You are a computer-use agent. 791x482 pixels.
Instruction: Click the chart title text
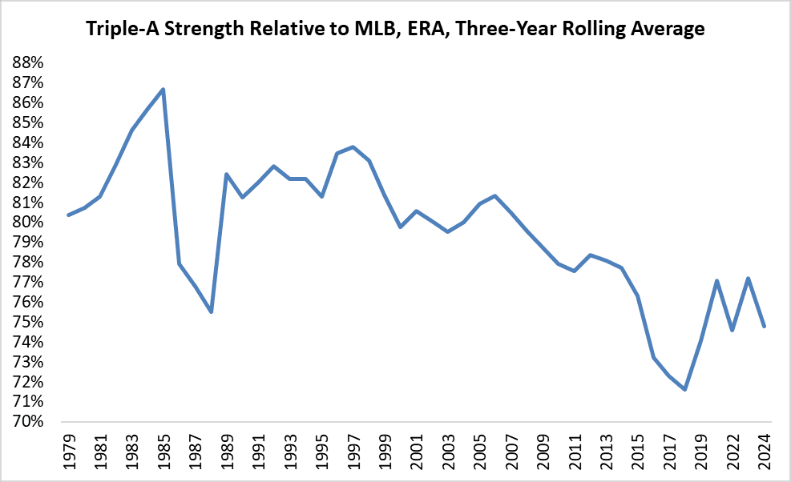396,30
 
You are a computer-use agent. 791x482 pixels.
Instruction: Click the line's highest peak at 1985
163,89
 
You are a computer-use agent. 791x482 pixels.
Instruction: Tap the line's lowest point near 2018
685,389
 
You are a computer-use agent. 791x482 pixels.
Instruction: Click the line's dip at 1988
211,311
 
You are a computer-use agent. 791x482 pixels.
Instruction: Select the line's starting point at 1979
68,215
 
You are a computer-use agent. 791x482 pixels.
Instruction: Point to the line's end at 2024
765,326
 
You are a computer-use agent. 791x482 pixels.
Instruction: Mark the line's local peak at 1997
353,147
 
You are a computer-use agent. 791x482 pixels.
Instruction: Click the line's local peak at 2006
495,195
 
